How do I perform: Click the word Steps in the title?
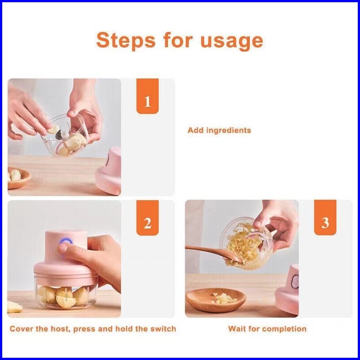tap(126, 40)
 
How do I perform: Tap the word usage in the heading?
tap(232, 42)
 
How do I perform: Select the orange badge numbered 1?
tap(148, 96)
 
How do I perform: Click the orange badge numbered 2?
tap(148, 218)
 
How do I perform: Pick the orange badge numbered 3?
tap(325, 218)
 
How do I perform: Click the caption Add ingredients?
tap(219, 130)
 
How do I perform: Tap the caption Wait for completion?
tap(267, 329)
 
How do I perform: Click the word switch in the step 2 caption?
tap(163, 329)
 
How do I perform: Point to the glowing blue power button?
tap(66, 241)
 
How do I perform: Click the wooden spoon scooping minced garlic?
tap(213, 253)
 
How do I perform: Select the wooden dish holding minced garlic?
tap(216, 300)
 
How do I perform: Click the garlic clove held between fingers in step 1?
tap(54, 129)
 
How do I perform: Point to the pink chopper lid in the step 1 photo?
tap(108, 171)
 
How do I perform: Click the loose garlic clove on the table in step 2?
tap(14, 307)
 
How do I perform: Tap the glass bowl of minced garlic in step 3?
tap(246, 244)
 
